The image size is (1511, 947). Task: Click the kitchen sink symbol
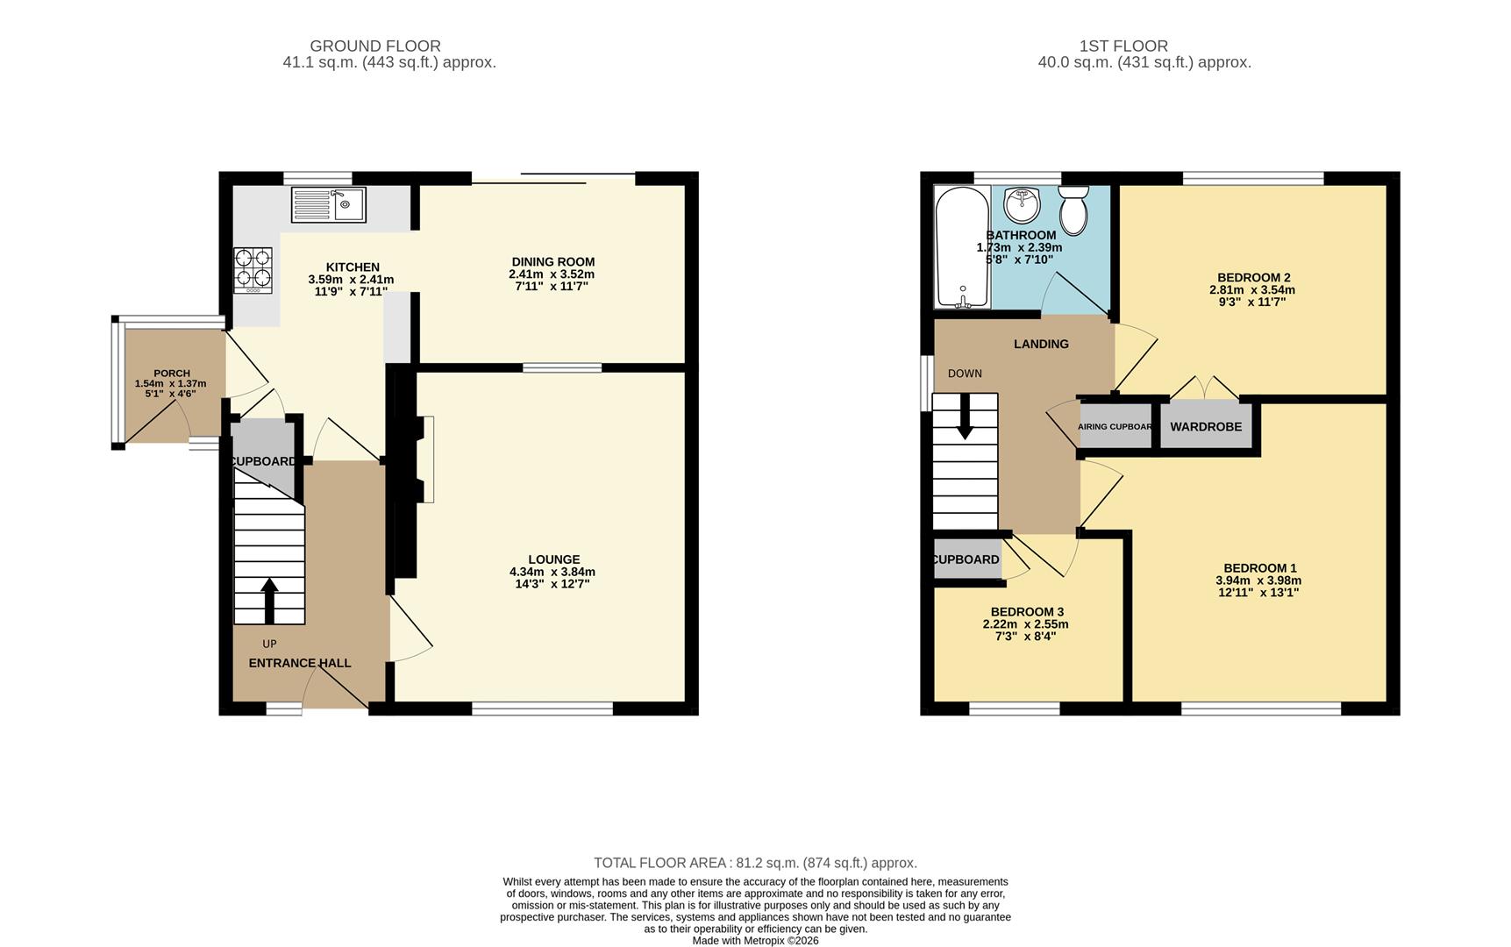coord(329,204)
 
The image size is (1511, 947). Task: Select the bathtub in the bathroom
coord(962,247)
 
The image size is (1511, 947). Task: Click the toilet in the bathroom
coord(1073,207)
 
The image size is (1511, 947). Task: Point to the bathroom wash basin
coord(1022,204)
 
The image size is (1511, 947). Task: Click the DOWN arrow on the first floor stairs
coord(965,417)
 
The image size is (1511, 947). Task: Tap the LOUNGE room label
coord(553,559)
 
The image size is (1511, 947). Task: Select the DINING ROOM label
coord(552,261)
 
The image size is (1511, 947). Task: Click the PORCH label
coord(172,373)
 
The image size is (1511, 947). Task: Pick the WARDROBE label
coord(1206,427)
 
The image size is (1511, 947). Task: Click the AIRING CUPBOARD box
coord(1115,427)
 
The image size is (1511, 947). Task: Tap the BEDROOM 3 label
coord(1027,612)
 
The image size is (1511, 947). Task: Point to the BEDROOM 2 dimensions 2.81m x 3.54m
coord(1252,290)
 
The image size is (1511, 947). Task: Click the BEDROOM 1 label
coord(1259,568)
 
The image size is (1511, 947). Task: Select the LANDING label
coord(1041,344)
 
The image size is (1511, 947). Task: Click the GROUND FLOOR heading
coord(375,46)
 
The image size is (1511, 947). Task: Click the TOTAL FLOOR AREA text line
coord(755,863)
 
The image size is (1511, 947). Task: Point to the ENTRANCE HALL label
coord(300,663)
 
